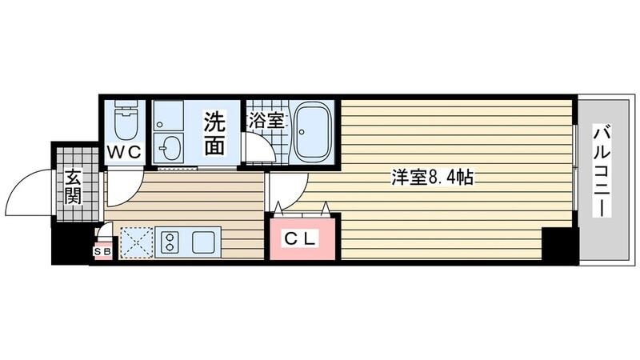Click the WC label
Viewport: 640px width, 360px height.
(x=124, y=150)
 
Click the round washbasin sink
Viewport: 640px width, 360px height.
(x=169, y=148)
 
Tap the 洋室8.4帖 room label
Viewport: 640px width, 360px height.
(x=432, y=178)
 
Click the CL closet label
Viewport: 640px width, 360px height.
(x=302, y=238)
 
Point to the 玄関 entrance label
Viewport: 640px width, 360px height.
(x=73, y=186)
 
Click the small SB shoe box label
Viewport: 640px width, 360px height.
(x=102, y=252)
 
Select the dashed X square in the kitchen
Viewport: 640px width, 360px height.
(x=137, y=242)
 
